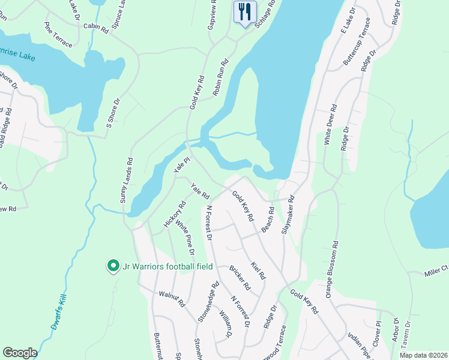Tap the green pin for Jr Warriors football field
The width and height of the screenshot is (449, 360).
coord(112,265)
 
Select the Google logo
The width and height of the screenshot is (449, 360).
coord(20,353)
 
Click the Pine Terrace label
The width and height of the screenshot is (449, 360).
coord(58,35)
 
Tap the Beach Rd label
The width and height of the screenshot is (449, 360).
coord(268,220)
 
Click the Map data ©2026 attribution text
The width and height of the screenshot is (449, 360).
coord(421,355)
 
